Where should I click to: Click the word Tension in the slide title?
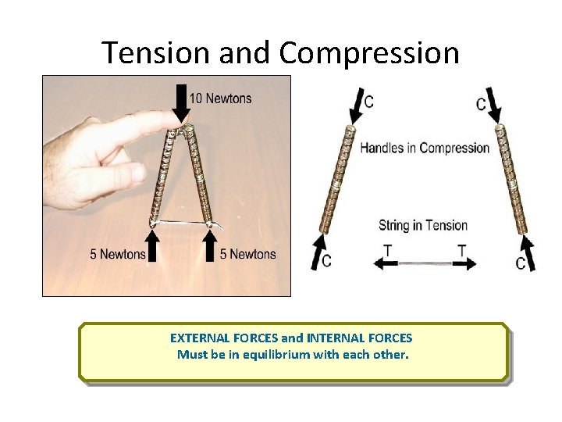(158, 53)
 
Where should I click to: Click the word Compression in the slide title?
(369, 53)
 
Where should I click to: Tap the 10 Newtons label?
(221, 98)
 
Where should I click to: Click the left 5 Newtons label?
(117, 254)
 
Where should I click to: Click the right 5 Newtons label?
(247, 254)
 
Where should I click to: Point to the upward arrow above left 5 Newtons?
(154, 242)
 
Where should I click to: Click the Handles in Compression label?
(425, 148)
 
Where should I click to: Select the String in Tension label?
(423, 226)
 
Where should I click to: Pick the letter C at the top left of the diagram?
(368, 102)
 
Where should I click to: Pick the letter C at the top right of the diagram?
(481, 104)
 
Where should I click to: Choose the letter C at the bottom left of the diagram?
(325, 261)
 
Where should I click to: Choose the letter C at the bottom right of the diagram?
(520, 264)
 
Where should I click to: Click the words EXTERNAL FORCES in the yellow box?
(223, 338)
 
